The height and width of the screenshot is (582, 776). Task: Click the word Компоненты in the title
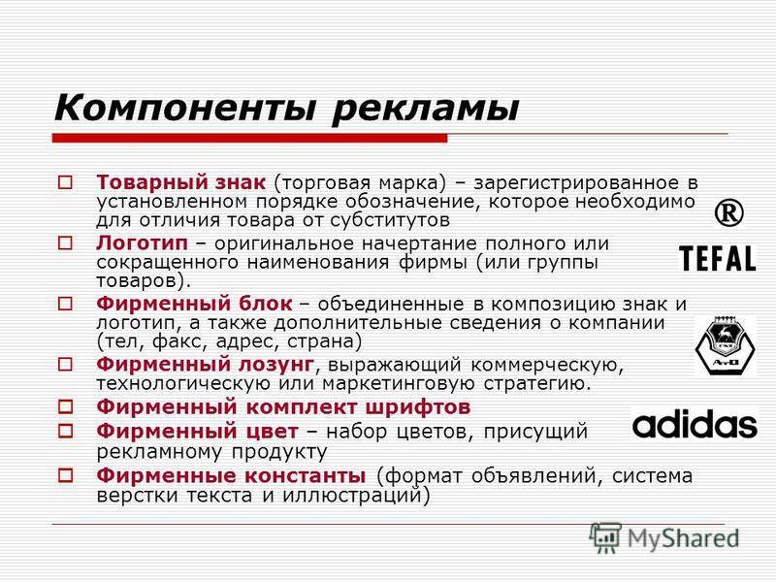[184, 108]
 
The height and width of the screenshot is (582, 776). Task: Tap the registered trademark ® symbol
[729, 213]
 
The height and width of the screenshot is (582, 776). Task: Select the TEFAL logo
[718, 258]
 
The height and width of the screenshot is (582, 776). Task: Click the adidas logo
[695, 424]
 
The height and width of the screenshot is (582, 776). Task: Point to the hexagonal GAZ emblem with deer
[725, 346]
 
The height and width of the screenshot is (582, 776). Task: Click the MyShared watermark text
[684, 538]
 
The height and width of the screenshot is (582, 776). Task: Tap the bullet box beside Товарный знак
[65, 182]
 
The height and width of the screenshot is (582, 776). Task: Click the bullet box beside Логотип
[65, 243]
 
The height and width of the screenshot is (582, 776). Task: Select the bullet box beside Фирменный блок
[65, 304]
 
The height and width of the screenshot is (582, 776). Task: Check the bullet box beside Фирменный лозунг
[65, 365]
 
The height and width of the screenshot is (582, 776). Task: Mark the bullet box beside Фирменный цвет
[65, 431]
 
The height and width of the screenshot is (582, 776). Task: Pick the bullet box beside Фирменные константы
[65, 475]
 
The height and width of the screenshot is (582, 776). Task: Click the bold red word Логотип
[142, 243]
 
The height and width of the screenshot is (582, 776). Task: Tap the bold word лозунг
[276, 365]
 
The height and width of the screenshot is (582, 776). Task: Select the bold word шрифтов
[418, 407]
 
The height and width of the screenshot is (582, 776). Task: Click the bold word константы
[306, 475]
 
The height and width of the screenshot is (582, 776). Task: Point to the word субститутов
[390, 220]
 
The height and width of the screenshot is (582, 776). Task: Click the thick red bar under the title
[250, 138]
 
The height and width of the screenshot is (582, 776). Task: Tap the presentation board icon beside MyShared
[605, 537]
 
